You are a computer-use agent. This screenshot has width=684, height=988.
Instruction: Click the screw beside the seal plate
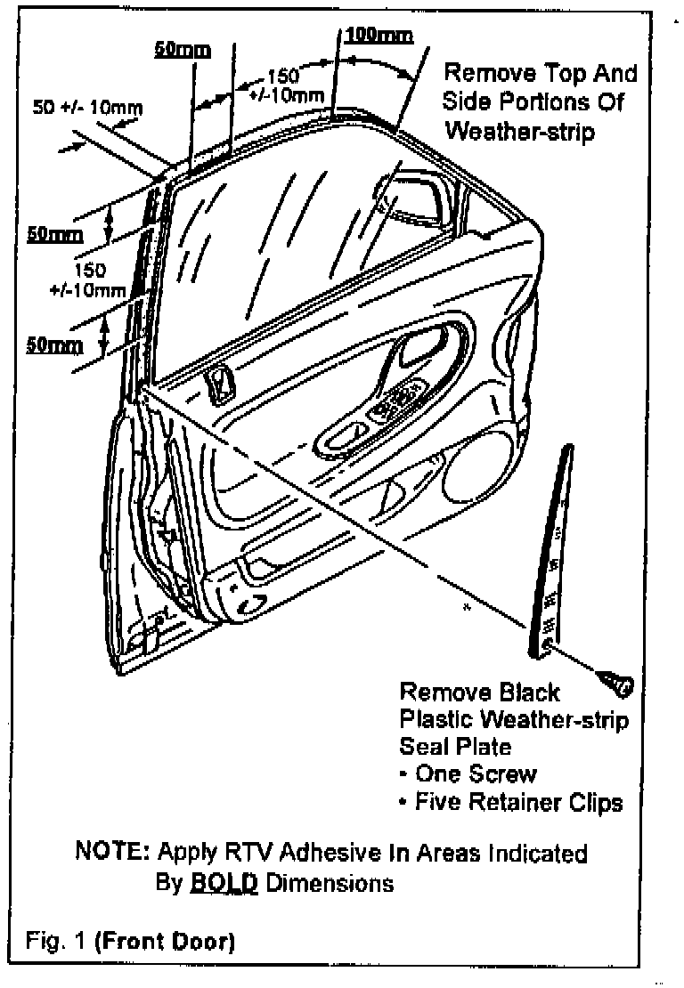pyautogui.click(x=617, y=686)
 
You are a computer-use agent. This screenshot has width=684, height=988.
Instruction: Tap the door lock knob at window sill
pyautogui.click(x=216, y=385)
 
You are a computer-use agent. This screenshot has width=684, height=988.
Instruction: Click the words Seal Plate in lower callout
pyautogui.click(x=455, y=746)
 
